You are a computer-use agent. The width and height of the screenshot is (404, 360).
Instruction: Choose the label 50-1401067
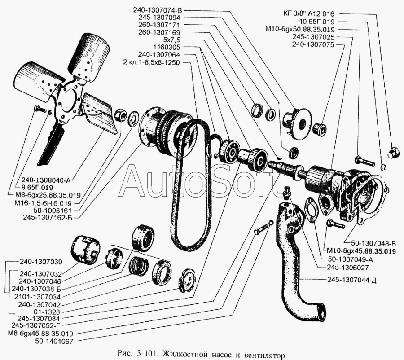54,342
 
